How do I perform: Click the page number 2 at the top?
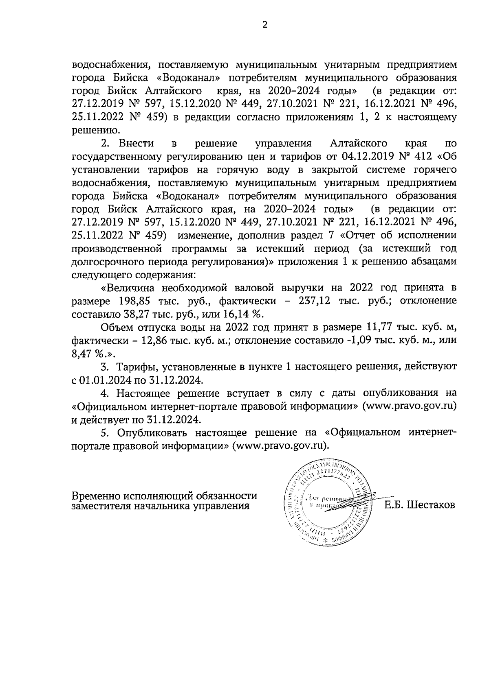pyautogui.click(x=264, y=25)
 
